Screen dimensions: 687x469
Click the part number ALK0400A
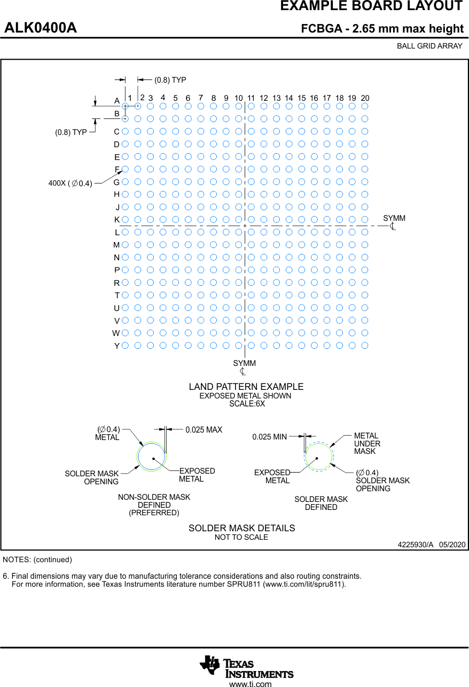[x=41, y=28]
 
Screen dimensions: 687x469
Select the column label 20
[x=365, y=98]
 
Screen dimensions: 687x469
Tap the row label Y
[x=117, y=346]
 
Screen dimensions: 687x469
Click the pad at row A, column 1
[x=125, y=106]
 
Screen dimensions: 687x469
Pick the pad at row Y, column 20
[x=364, y=345]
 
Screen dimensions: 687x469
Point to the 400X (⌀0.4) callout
[x=70, y=183]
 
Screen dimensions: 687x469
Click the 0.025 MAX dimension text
[x=204, y=429]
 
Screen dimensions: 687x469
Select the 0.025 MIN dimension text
[x=270, y=437]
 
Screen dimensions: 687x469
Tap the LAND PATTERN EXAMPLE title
[x=246, y=386]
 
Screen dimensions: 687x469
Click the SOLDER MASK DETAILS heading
[x=241, y=528]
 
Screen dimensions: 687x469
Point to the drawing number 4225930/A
[x=416, y=545]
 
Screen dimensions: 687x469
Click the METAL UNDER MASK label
[x=367, y=443]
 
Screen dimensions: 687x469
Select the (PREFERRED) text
[x=154, y=513]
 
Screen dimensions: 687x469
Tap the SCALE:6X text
[x=247, y=404]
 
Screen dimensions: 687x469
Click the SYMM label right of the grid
[x=394, y=218]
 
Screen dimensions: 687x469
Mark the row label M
[x=116, y=245]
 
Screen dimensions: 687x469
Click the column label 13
[x=276, y=98]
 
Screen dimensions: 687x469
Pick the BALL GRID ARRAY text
[x=429, y=46]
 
